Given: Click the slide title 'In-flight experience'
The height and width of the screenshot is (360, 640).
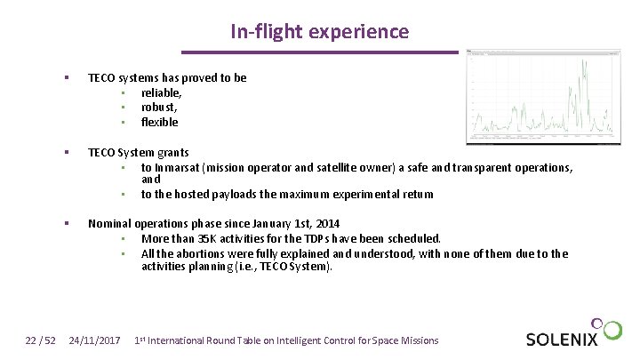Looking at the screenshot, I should point(319,32).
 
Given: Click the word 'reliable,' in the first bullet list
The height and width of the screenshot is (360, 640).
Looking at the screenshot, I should point(162,92).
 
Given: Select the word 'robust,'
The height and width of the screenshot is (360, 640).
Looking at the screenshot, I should point(159,107).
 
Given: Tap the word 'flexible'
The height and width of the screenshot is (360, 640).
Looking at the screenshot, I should point(160,122).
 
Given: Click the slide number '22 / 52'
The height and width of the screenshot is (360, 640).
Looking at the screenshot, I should point(39,340).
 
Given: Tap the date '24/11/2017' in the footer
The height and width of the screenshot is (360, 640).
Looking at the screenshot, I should point(94,340).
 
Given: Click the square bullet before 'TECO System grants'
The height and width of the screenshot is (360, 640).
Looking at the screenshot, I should point(67,153).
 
